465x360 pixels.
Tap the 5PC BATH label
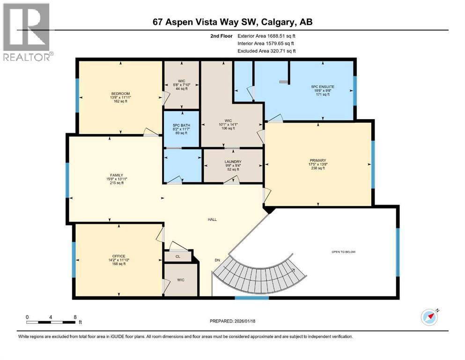[x=180, y=125]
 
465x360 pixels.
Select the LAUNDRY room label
[x=233, y=162]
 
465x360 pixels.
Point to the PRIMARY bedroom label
[x=318, y=160]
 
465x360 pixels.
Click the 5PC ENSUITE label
[x=322, y=86]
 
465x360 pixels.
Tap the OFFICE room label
[x=118, y=256]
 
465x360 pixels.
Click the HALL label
[x=213, y=219]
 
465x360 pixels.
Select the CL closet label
[x=177, y=256]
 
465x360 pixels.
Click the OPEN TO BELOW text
[x=343, y=252]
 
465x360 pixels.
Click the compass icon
[x=429, y=317]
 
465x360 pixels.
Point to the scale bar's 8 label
[x=75, y=316]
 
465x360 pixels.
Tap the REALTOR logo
[x=27, y=32]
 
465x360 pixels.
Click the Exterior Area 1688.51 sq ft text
[x=267, y=35]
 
